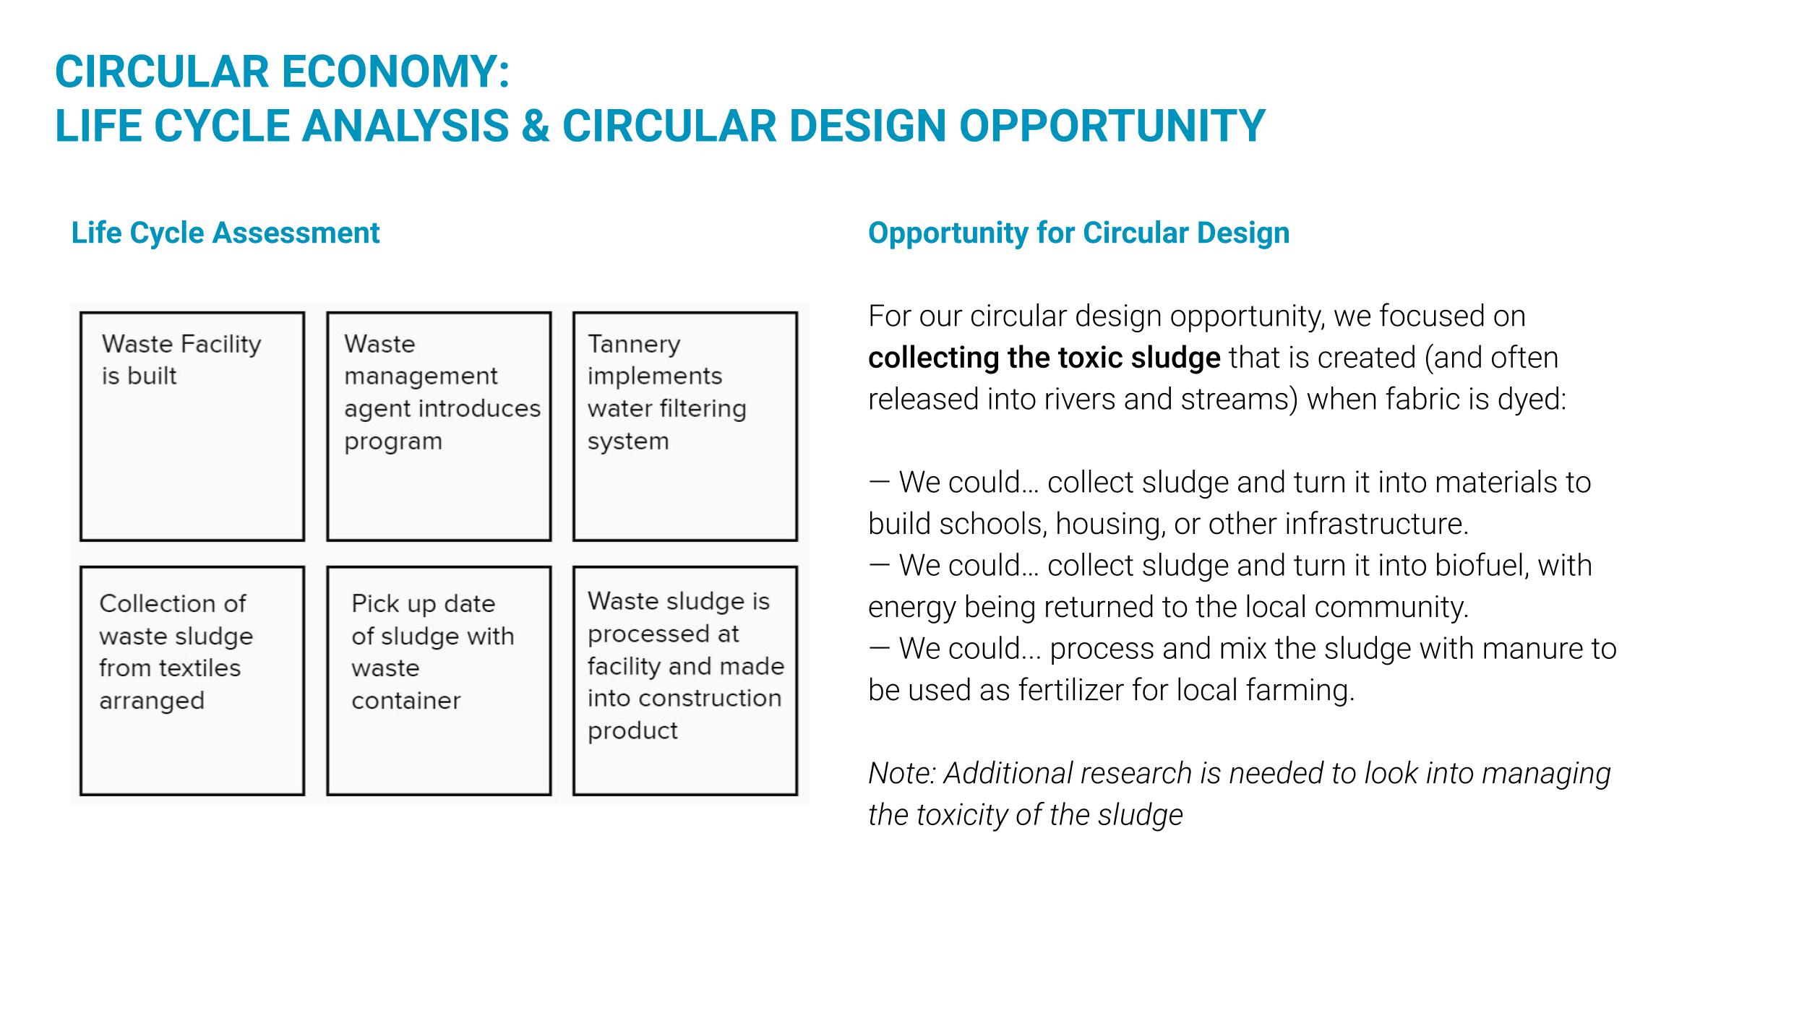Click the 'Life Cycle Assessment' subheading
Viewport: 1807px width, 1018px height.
pos(225,233)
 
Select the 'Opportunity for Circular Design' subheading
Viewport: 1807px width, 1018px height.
pos(1078,233)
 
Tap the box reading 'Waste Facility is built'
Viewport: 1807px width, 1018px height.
pos(192,426)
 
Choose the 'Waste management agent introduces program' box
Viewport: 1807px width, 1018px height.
pos(439,426)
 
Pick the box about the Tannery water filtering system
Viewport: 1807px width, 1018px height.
pos(685,426)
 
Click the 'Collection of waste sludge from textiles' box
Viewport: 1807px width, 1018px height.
pos(192,681)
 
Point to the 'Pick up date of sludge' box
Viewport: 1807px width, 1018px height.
pos(439,681)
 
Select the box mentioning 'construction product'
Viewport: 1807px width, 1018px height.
pos(685,681)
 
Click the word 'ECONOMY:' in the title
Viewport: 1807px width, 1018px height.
pos(395,72)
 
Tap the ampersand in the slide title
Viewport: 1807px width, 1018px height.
pos(535,126)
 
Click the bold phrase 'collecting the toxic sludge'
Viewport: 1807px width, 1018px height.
pos(1044,358)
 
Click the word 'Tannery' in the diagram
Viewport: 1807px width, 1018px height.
pos(634,345)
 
